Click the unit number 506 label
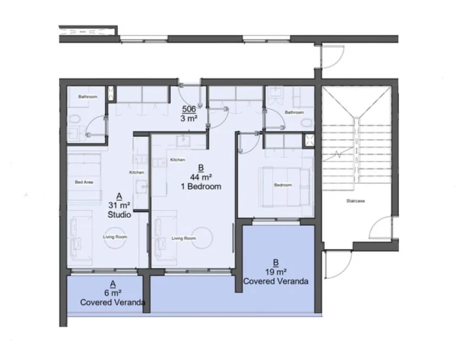[189, 110]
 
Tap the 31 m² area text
[120, 205]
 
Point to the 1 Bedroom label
[201, 187]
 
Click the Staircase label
[355, 201]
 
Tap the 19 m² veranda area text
[275, 272]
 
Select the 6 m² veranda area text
[113, 293]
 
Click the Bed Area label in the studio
[83, 182]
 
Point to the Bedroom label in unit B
[283, 185]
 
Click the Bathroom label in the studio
[88, 97]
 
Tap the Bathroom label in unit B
[294, 112]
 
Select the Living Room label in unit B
[184, 238]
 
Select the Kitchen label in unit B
[178, 160]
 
